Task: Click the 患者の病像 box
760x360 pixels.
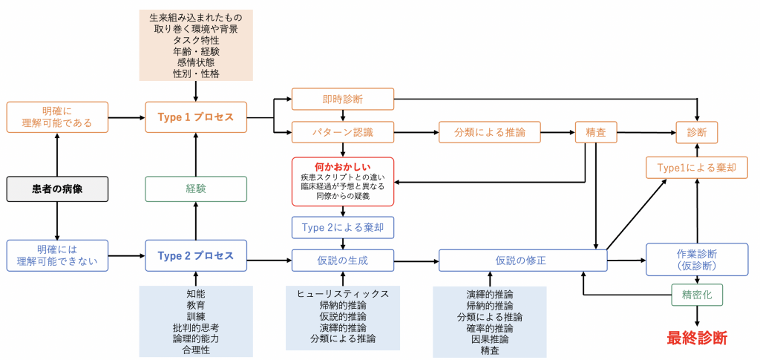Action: click(57, 189)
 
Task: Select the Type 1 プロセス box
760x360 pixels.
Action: click(196, 117)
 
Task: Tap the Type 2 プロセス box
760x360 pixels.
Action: click(196, 257)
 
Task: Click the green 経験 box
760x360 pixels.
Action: click(196, 189)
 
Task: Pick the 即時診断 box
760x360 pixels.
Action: click(342, 99)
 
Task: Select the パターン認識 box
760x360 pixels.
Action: click(342, 133)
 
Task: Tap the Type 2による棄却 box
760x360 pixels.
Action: click(342, 227)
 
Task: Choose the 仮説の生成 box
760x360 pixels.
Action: click(342, 261)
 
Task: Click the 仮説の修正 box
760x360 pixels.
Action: click(523, 261)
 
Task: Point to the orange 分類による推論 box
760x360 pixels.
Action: click(489, 133)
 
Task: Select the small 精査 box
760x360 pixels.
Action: click(595, 133)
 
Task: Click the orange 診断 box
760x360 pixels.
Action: click(697, 133)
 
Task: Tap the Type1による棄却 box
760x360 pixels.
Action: click(697, 168)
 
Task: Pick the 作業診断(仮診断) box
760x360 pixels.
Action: click(697, 260)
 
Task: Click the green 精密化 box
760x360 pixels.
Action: click(697, 295)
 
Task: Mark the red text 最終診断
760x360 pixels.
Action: click(697, 338)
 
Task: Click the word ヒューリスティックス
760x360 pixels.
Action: click(342, 294)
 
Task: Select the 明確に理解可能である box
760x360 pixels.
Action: click(57, 117)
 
